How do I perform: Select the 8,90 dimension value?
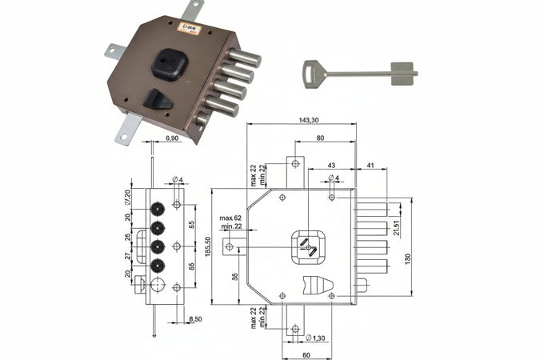pyautogui.click(x=170, y=138)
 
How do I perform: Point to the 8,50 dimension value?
pyautogui.click(x=195, y=320)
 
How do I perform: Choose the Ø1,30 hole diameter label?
pyautogui.click(x=318, y=338)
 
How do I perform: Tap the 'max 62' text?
pyautogui.click(x=231, y=218)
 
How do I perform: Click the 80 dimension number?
pyautogui.click(x=320, y=137)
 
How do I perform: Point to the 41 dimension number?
pyautogui.click(x=370, y=165)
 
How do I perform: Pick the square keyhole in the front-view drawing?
pyautogui.click(x=306, y=246)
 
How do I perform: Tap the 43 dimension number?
pyautogui.click(x=332, y=165)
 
